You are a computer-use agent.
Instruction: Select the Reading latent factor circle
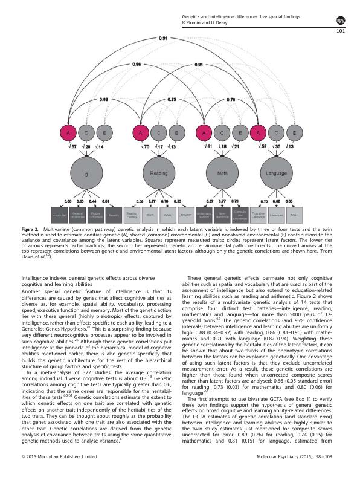pos(158,172)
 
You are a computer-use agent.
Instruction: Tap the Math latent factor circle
pos(222,172)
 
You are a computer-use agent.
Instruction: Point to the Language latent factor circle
pos(276,172)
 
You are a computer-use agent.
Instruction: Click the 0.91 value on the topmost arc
pos(163,38)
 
